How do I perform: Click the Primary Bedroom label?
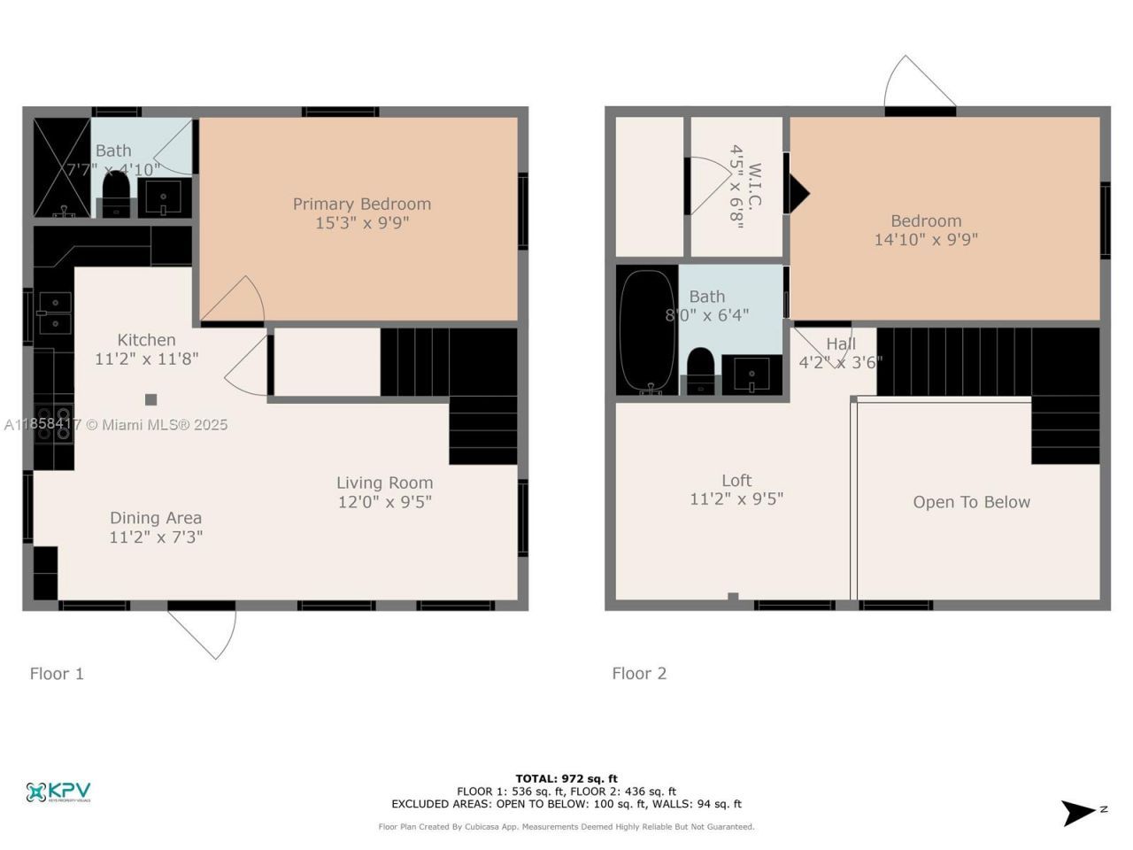(x=361, y=205)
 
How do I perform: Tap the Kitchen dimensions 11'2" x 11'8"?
(x=146, y=359)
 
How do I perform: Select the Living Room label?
(x=384, y=483)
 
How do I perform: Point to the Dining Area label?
(x=156, y=518)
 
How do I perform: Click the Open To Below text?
(x=971, y=502)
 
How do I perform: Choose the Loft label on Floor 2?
(x=736, y=481)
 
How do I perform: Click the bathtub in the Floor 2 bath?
(x=646, y=330)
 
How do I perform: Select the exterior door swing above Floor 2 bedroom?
(x=918, y=84)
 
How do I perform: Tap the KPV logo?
(x=58, y=792)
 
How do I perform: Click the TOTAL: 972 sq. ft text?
(x=566, y=779)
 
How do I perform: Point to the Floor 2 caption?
(x=639, y=674)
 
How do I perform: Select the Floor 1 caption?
(x=57, y=674)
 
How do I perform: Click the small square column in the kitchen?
(x=151, y=399)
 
